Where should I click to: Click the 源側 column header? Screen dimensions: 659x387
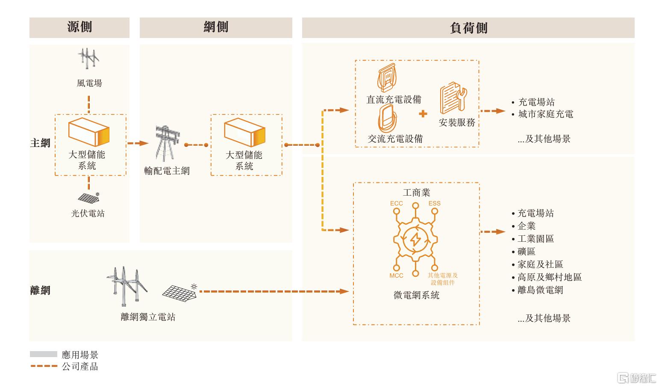79,27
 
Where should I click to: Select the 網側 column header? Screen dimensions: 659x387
216,27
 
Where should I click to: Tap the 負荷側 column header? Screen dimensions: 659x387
468,28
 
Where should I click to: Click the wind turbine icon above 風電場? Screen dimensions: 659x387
88,59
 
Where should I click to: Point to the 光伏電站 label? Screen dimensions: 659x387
88,213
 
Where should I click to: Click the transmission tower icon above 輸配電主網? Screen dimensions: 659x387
167,143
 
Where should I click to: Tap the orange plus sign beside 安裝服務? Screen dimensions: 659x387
423,114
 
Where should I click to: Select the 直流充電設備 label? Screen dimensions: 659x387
394,100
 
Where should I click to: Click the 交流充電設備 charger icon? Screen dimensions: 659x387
387,118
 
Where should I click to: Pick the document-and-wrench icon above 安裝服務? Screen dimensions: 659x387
453,98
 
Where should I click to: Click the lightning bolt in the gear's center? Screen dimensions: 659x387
415,239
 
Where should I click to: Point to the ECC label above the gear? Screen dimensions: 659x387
396,203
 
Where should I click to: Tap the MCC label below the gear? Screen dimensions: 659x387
396,276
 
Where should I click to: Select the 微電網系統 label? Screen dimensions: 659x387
416,295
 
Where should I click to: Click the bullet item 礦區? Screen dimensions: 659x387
524,252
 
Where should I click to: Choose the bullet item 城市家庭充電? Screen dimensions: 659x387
543,114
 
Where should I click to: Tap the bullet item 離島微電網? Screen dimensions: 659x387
538,290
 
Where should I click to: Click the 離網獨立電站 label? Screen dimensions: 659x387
148,317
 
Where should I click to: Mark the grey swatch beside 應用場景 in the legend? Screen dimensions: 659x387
44,354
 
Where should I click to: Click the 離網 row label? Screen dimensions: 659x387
40,290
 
